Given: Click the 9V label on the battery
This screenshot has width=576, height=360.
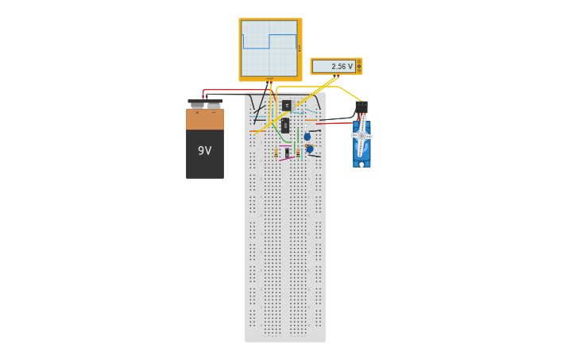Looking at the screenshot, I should click(x=204, y=151).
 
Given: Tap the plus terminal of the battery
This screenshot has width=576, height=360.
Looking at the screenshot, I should click(x=196, y=105).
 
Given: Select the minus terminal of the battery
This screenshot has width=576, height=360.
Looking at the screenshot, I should click(x=214, y=105).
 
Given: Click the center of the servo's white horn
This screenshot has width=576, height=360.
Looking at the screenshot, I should click(x=361, y=136).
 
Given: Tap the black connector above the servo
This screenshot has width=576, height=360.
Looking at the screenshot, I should click(x=361, y=106).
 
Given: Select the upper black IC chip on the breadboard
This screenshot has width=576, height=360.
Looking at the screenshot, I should click(x=286, y=105).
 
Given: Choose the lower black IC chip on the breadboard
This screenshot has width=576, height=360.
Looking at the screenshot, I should click(x=285, y=125).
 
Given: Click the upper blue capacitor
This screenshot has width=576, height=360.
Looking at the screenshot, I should click(x=307, y=137).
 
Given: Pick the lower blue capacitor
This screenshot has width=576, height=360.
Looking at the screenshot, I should click(x=310, y=149).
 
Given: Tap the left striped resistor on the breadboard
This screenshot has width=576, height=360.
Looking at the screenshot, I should click(x=276, y=152).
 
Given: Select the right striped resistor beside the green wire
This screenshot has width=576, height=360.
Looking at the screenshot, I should click(x=297, y=151).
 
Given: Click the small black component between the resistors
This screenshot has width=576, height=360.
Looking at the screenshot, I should click(x=287, y=152).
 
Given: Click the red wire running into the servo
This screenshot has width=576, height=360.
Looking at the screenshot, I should click(x=338, y=123).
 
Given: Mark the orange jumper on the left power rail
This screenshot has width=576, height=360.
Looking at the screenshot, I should click(x=253, y=131).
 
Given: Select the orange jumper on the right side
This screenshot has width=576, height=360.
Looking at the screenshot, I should click(x=311, y=120).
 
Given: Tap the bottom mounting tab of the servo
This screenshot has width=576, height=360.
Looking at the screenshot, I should click(x=361, y=164).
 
